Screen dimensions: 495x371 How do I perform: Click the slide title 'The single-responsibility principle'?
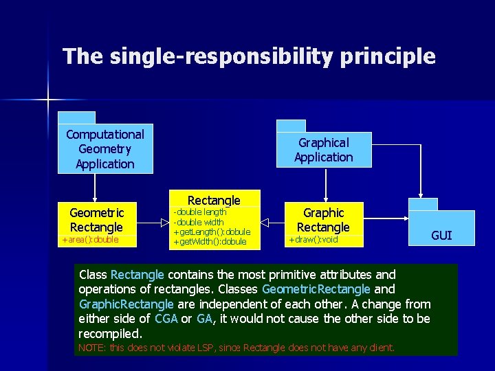point(249,56)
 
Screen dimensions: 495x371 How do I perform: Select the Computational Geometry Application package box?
point(105,149)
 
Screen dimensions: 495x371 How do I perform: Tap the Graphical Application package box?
point(323,150)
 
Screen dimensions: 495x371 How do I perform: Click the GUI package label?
point(441,236)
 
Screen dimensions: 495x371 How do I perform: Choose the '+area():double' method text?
point(91,240)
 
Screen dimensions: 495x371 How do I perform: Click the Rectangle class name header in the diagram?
point(214,200)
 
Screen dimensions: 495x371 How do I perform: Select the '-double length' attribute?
point(200,212)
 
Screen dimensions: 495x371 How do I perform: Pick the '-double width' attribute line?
point(199,222)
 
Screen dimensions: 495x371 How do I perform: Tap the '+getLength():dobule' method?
point(212,232)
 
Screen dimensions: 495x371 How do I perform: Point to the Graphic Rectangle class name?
point(323,220)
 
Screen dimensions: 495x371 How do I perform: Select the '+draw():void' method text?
point(313,240)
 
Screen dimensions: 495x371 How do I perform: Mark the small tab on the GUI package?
point(423,204)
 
